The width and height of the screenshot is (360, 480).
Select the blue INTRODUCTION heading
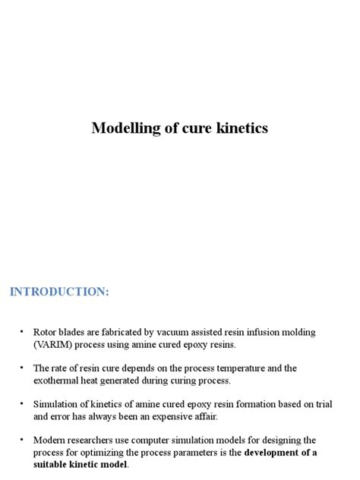click(59, 292)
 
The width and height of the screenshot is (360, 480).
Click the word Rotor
click(46, 333)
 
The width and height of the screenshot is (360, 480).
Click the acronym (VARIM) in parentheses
click(53, 345)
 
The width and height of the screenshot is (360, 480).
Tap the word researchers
click(93, 441)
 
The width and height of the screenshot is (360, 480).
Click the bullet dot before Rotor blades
click(22, 333)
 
